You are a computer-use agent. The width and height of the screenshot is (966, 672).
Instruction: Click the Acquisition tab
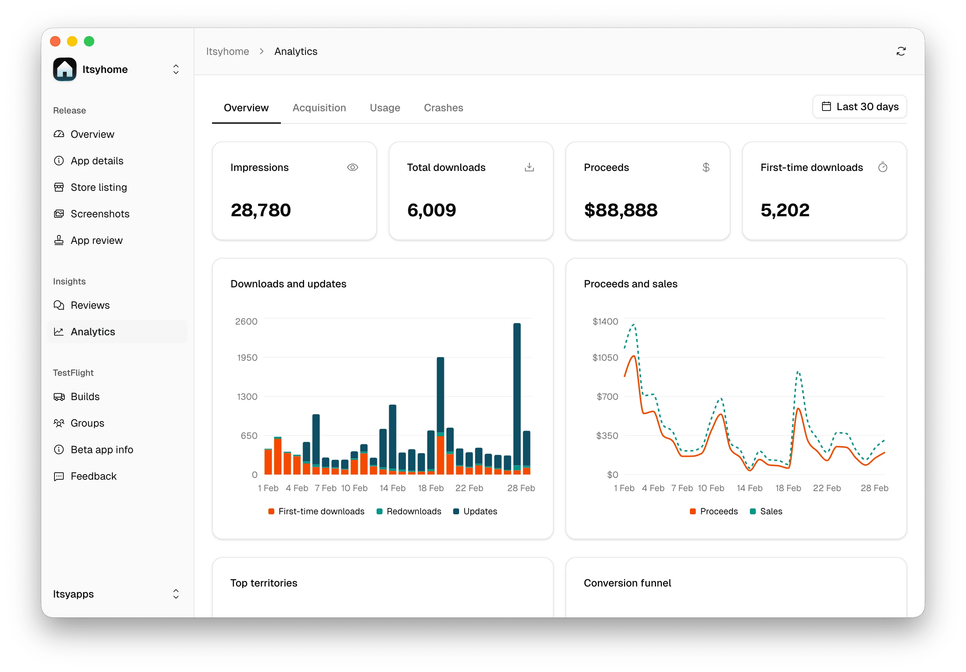[x=319, y=108]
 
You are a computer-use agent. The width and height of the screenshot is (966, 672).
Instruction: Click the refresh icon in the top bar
[x=900, y=51]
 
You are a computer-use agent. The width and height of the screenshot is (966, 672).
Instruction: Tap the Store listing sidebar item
[x=98, y=188]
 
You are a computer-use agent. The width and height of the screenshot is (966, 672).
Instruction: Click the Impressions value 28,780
[x=260, y=210]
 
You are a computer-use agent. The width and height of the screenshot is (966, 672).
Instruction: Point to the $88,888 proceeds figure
[x=620, y=210]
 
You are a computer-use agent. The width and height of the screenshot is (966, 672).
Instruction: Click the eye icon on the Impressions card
[x=352, y=168]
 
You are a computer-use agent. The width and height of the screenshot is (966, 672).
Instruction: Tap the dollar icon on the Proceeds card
[x=706, y=168]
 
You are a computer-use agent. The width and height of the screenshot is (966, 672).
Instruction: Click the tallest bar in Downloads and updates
[x=517, y=396]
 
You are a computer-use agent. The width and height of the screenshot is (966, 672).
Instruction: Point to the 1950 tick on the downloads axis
[x=247, y=357]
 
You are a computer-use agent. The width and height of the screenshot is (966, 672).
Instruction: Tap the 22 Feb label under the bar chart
[x=469, y=488]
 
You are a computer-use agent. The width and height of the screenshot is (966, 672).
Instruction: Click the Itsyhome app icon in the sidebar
[x=65, y=70]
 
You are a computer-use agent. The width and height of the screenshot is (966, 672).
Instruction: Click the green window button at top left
[x=89, y=41]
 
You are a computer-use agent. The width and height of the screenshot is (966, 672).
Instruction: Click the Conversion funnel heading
[x=627, y=583]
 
